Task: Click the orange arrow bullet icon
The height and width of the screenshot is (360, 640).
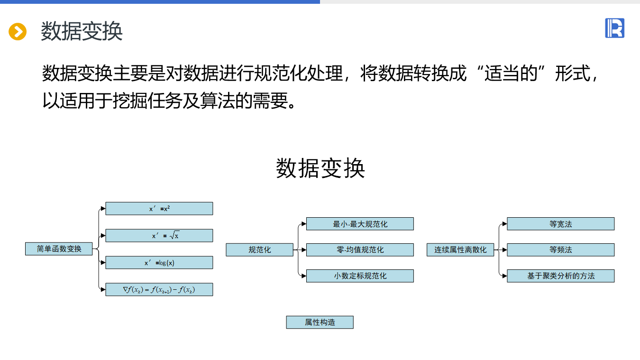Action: coord(18,32)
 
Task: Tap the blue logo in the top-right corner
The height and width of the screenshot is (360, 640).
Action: coord(614,28)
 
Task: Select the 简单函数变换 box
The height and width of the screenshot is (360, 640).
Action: coord(59,249)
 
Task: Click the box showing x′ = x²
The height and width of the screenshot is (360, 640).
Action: coord(159,209)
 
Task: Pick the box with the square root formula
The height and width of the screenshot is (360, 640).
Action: coord(159,236)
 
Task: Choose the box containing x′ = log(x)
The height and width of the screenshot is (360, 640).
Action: coord(159,263)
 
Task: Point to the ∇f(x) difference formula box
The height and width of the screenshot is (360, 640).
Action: coord(159,290)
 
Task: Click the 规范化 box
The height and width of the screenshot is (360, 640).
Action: coord(259,250)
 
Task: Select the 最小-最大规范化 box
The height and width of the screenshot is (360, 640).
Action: coord(360,224)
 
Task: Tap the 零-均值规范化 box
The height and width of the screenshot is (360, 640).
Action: coord(360,250)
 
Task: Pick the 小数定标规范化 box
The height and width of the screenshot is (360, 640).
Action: coord(360,276)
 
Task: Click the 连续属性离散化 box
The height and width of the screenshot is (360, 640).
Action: coord(460,250)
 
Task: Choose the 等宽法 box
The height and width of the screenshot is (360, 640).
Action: coord(561,224)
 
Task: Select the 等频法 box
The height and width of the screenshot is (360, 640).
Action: coord(561,250)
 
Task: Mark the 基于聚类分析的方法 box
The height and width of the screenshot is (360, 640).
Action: coord(561,276)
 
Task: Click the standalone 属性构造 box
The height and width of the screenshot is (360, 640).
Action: coord(320,323)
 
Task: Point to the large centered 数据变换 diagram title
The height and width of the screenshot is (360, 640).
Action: coord(320,168)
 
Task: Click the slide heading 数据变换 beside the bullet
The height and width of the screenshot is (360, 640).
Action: coord(82,32)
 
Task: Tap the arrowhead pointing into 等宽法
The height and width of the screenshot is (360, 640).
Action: coord(504,224)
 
